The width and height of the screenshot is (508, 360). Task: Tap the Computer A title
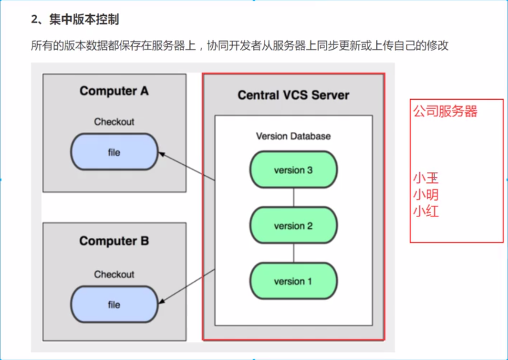click(114, 91)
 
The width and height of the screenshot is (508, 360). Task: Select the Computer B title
click(114, 241)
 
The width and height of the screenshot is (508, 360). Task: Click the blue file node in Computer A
click(114, 152)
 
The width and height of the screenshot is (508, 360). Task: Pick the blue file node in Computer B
click(114, 304)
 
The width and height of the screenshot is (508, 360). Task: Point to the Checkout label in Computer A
click(114, 122)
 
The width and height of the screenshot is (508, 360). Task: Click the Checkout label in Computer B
click(114, 275)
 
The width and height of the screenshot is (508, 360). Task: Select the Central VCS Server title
click(293, 95)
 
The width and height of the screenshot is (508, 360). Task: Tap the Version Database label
click(293, 136)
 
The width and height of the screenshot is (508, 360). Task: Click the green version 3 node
click(293, 169)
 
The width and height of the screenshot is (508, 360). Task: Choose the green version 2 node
click(293, 225)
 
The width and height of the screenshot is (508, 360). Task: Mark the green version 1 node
click(293, 281)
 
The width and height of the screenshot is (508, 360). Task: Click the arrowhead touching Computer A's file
click(162, 154)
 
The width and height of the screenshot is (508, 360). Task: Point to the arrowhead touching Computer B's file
click(162, 301)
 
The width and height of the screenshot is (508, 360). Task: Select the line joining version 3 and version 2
click(293, 197)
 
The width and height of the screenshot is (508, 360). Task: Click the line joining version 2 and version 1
click(293, 253)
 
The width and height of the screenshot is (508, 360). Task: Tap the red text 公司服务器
click(445, 111)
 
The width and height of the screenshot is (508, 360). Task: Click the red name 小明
click(425, 195)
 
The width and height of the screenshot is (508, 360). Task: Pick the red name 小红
click(425, 211)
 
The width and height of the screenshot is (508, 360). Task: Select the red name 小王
click(425, 178)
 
